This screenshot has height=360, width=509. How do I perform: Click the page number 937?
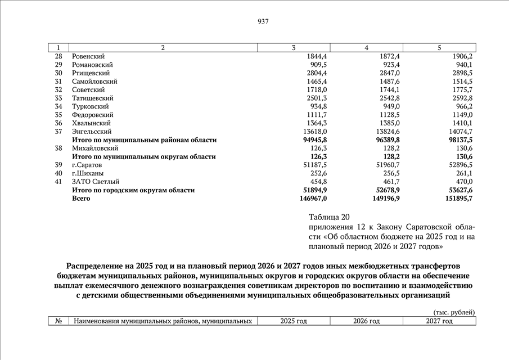tap(263, 22)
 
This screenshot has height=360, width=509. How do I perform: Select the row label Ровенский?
tap(88, 56)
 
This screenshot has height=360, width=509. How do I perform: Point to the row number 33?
tap(58, 98)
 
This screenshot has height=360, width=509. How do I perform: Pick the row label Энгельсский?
tap(91, 132)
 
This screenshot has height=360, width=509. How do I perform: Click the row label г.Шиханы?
tap(88, 173)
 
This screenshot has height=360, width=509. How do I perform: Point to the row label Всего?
tap(81, 199)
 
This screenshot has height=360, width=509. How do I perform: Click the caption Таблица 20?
tap(329, 217)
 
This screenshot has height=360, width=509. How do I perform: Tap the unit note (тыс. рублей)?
tap(454, 312)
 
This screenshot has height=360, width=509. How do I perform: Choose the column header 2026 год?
tap(366, 321)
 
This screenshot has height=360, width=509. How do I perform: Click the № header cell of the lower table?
tap(58, 321)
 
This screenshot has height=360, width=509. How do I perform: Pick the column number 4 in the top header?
tap(366, 48)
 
